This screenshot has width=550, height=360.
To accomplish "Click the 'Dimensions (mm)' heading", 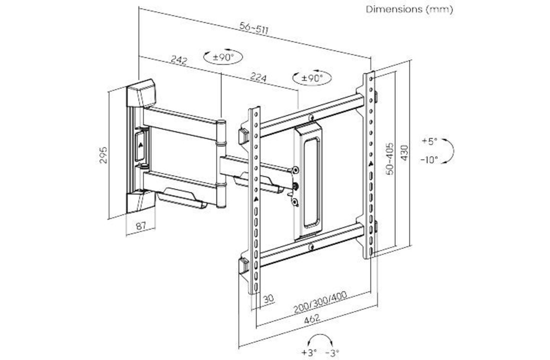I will tap(409, 9).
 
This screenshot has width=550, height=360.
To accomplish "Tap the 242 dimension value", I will tap(179, 60).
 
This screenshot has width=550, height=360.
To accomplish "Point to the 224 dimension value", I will tap(258, 78).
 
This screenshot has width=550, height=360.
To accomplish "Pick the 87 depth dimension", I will tap(141, 226).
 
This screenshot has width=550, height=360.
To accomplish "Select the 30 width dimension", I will tap(268, 298).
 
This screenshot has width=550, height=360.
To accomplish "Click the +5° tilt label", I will tap(429, 141).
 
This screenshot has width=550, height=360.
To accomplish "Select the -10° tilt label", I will tap(429, 159).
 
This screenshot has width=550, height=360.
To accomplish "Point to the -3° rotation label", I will tap(332, 352).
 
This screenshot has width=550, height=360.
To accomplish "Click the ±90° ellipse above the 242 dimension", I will tap(223, 57).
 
